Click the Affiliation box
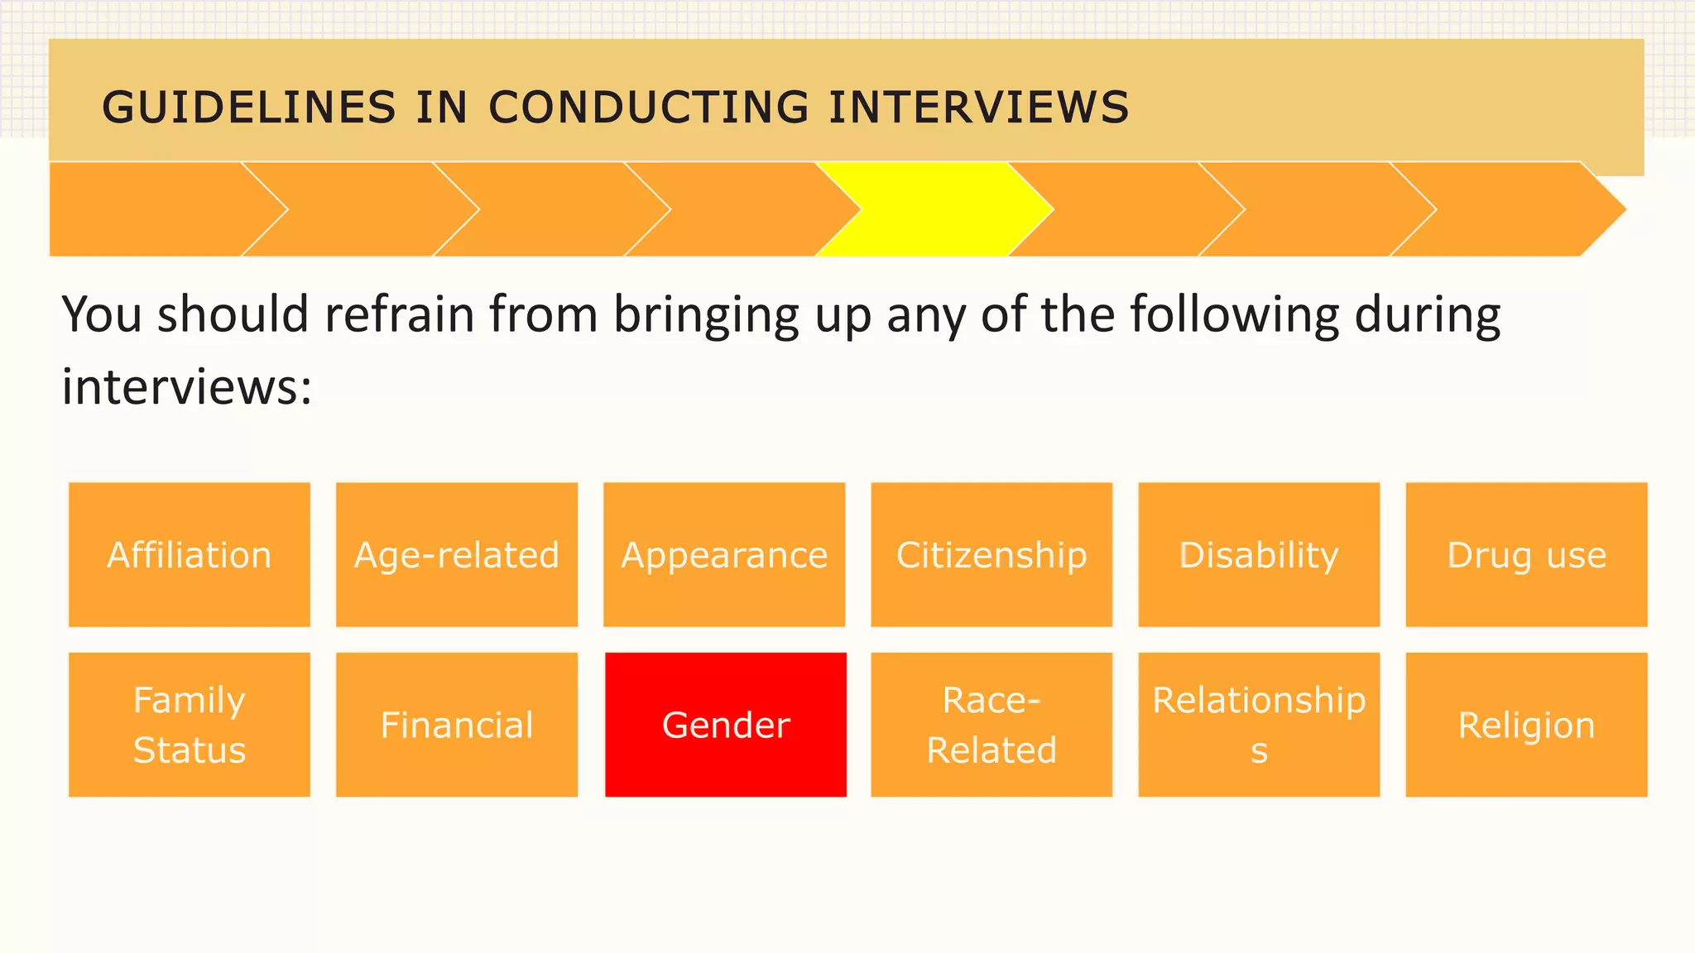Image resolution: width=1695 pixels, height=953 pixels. [190, 554]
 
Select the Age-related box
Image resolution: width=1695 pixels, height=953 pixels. [457, 554]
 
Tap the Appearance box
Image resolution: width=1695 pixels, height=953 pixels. [724, 554]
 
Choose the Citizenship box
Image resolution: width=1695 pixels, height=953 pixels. [992, 554]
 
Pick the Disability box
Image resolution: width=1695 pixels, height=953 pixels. [1259, 554]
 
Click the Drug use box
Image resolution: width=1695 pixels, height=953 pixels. [1526, 554]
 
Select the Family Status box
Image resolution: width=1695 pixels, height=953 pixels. [190, 725]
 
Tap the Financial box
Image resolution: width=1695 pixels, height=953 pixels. [457, 725]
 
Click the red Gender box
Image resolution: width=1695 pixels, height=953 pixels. [726, 725]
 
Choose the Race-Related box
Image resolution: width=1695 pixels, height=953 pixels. [992, 725]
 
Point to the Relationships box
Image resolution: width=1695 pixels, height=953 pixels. [1259, 725]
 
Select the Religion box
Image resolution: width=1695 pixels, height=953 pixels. [1526, 725]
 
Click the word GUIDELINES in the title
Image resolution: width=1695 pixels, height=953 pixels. [249, 108]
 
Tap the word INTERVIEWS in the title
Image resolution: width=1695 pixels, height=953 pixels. [979, 108]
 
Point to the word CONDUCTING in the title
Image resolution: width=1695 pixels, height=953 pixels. [649, 108]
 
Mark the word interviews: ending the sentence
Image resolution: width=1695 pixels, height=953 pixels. [187, 386]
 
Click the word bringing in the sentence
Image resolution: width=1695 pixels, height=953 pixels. [706, 314]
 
